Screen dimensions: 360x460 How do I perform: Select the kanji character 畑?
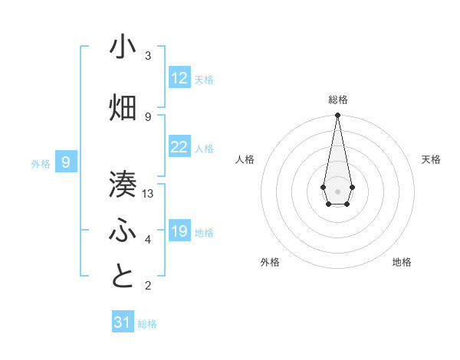tap(123, 108)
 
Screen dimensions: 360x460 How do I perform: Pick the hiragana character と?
tap(123, 277)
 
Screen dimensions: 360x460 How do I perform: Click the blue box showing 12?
tap(179, 78)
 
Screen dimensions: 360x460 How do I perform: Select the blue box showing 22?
tap(179, 147)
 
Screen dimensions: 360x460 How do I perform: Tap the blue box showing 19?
tap(179, 231)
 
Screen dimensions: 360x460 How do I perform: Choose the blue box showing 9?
tap(66, 162)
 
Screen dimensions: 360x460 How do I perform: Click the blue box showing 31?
tap(123, 322)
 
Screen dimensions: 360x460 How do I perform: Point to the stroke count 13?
tap(148, 194)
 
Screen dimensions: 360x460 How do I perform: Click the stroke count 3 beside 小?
tap(148, 56)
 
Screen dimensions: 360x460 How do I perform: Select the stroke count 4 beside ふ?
tap(148, 240)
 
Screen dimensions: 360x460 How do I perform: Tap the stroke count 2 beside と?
tap(148, 286)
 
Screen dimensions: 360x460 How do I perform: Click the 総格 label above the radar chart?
tap(338, 100)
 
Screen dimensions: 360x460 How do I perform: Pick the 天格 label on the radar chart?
tap(432, 159)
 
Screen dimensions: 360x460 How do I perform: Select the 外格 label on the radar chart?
tap(270, 262)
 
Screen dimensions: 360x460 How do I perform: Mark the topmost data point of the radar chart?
tap(337, 116)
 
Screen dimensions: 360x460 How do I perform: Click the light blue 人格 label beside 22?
tap(204, 148)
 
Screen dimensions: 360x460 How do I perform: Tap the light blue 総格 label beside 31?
tap(147, 323)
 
